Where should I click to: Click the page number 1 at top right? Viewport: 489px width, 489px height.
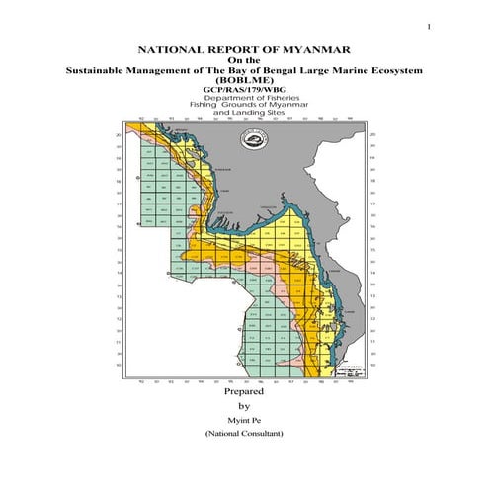click(428, 26)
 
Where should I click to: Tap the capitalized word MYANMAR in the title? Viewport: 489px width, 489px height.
click(307, 47)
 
